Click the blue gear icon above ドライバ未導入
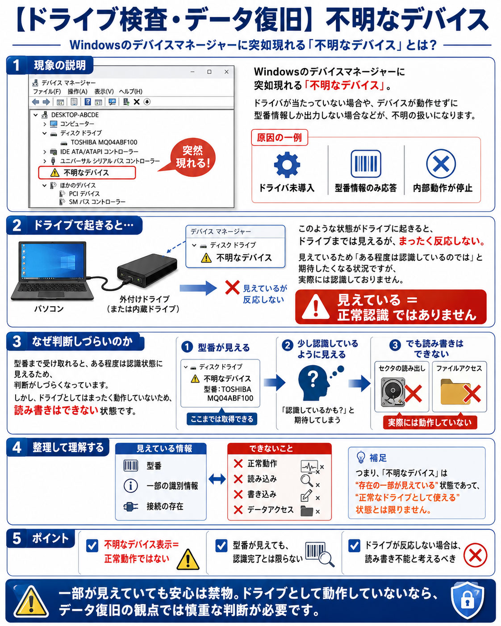point(287,164)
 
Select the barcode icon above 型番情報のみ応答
point(365,164)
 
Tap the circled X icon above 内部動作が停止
point(441,164)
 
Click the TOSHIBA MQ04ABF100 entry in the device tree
point(104,142)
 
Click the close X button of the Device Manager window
point(226,72)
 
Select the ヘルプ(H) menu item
point(131,92)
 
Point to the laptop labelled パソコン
point(52,271)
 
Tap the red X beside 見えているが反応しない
point(232,288)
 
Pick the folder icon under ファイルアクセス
point(455,392)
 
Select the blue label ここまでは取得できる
point(221,419)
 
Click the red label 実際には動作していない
point(430,422)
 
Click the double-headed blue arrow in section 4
point(217,479)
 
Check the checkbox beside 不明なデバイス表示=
point(92,546)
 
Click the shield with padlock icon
point(467,600)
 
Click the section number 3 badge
point(17,342)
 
